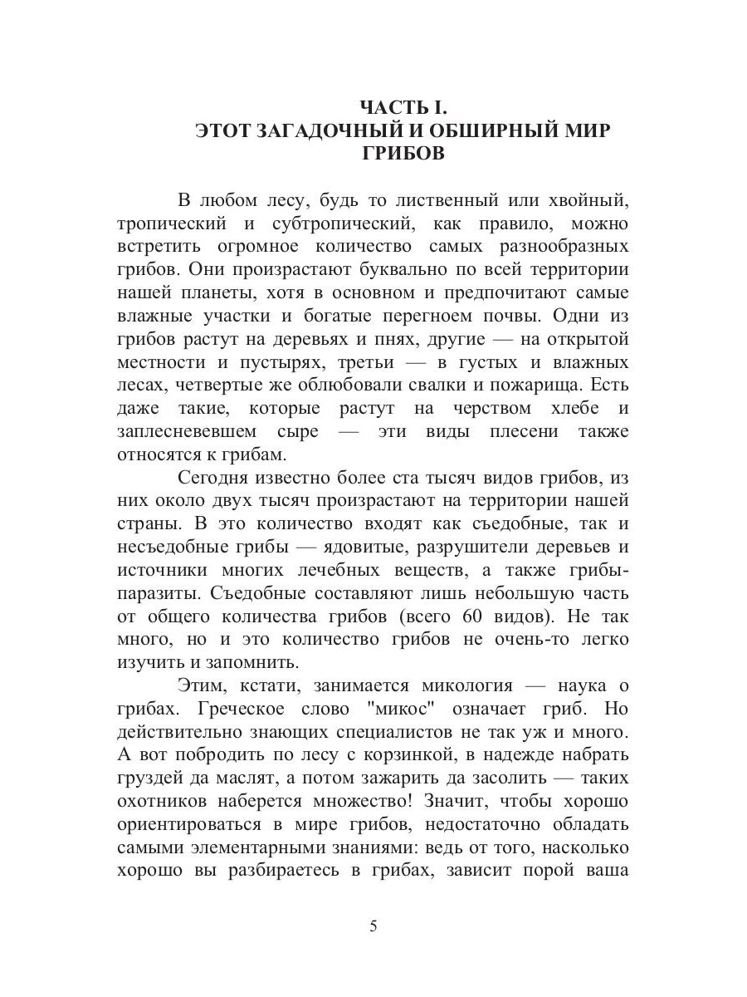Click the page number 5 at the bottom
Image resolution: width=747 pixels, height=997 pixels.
click(x=373, y=926)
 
